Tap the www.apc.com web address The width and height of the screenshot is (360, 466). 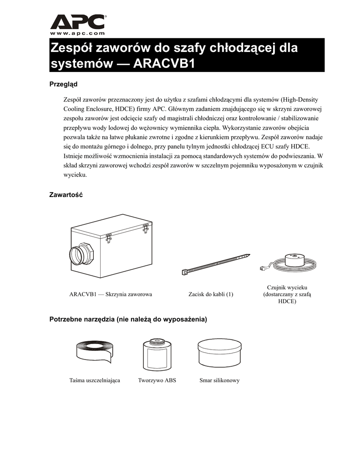77,33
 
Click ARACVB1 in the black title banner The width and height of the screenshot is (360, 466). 164,64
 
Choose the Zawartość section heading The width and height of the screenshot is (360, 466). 66,195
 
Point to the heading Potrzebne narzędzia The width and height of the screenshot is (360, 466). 128,320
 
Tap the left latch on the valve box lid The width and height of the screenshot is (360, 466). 109,238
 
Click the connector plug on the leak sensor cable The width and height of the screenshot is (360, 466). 262,269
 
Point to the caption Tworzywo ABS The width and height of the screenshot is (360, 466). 157,380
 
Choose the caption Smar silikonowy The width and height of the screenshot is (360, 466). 219,380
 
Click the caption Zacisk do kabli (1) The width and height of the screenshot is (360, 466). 211,294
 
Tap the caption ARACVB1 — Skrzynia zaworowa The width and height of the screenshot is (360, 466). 110,294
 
